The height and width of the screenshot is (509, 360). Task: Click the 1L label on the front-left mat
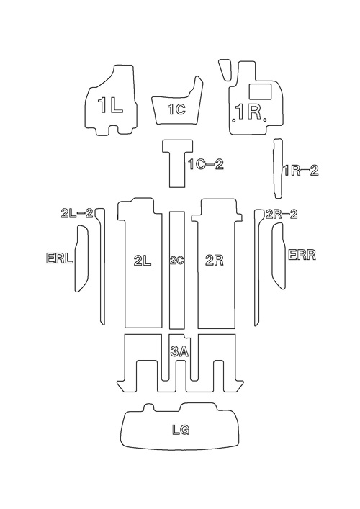click(x=110, y=106)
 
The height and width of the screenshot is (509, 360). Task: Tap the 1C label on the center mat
click(x=176, y=109)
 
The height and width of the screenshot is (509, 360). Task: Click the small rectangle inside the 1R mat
click(x=260, y=91)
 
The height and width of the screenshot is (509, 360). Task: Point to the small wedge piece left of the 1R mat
click(x=225, y=69)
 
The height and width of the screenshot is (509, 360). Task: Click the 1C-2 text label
click(x=206, y=164)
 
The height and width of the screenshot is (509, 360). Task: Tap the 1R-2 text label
click(x=301, y=171)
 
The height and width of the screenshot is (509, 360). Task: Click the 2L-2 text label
click(x=77, y=213)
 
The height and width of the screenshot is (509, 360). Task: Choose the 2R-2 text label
click(x=281, y=215)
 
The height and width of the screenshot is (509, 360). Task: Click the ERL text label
click(x=60, y=258)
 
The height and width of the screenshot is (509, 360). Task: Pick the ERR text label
click(x=302, y=255)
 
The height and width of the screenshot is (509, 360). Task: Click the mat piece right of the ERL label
click(x=81, y=258)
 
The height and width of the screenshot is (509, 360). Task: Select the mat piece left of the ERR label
click(x=278, y=256)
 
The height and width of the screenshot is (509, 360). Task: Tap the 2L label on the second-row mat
click(x=143, y=261)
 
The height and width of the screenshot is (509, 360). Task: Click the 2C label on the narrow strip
click(x=177, y=261)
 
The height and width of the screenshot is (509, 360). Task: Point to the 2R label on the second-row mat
click(x=215, y=261)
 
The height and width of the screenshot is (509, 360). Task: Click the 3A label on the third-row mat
click(x=179, y=351)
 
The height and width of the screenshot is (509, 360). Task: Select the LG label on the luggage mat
click(x=181, y=430)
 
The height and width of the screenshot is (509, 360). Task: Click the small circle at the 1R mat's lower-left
click(x=234, y=120)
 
